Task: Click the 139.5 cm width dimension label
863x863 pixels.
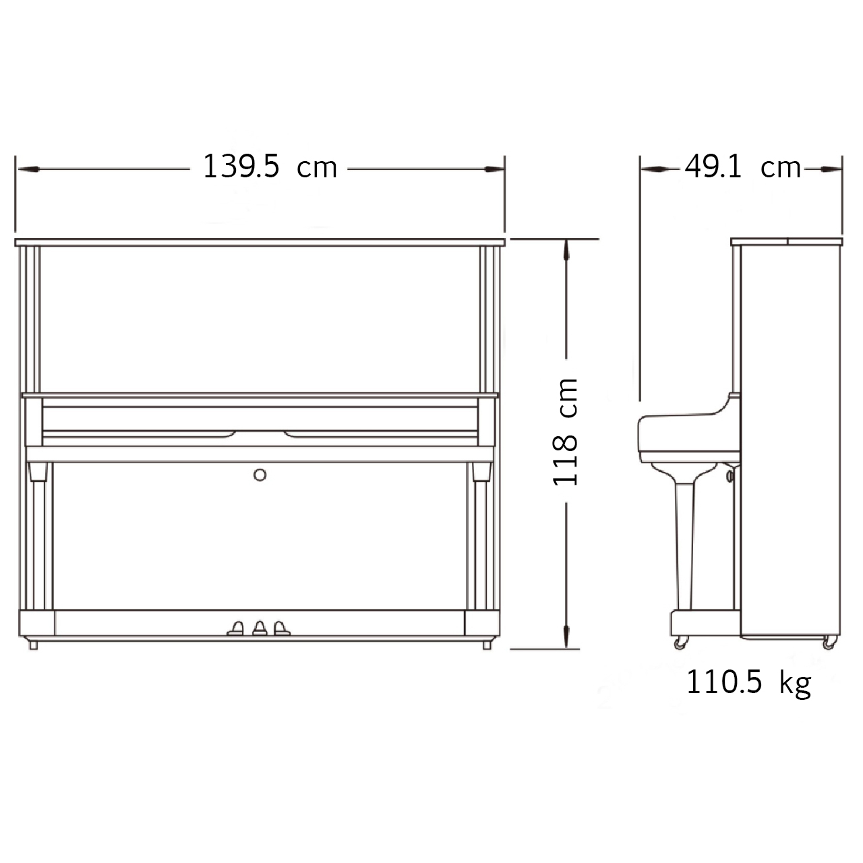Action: pos(270,167)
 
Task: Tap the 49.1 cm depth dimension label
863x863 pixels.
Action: pos(742,167)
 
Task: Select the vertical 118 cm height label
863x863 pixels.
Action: pos(565,431)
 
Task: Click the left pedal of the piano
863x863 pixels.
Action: pos(235,628)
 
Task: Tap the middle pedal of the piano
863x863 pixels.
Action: pos(260,628)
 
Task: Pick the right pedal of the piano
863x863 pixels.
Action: pos(282,628)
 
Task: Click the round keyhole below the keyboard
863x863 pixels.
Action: pos(260,475)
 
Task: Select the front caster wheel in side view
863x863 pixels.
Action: pos(680,643)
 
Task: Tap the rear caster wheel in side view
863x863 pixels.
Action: pos(829,643)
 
